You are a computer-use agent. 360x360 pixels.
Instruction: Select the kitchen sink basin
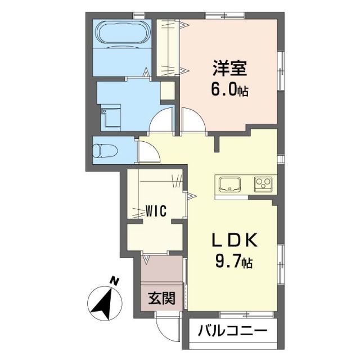[x=230, y=184]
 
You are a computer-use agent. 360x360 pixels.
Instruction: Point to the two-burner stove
[x=263, y=184]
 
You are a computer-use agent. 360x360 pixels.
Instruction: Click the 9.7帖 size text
[x=233, y=262]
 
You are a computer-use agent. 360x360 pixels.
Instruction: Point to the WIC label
[x=155, y=211]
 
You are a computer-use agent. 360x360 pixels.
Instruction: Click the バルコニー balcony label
[x=230, y=331]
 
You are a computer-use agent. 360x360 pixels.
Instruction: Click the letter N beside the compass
[x=115, y=280]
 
